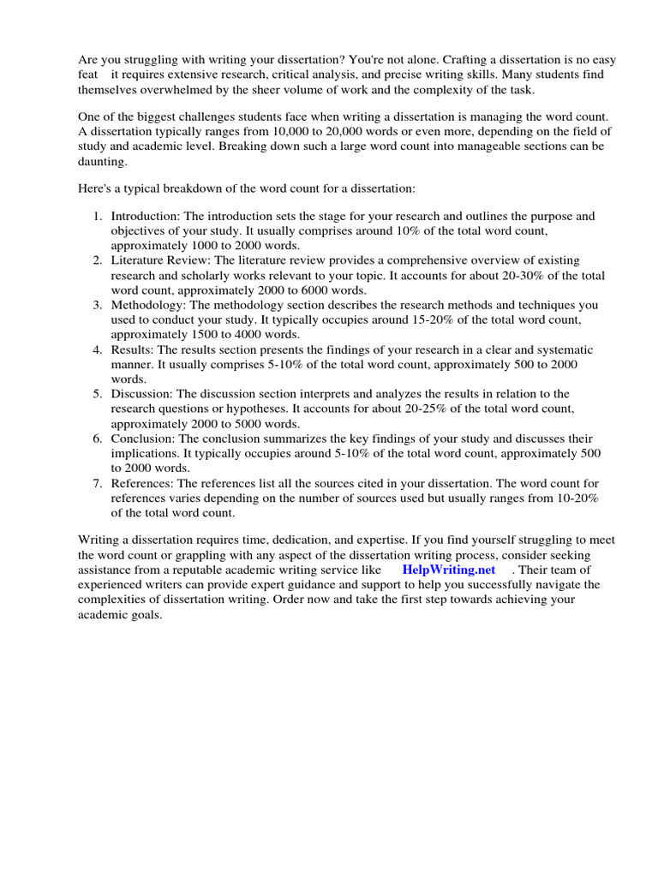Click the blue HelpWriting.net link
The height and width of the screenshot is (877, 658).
[448, 570]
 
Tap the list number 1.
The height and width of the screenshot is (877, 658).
[98, 217]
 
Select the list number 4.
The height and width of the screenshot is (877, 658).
[98, 349]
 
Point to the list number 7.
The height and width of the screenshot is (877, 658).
[98, 483]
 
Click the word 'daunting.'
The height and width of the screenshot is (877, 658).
[103, 161]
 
